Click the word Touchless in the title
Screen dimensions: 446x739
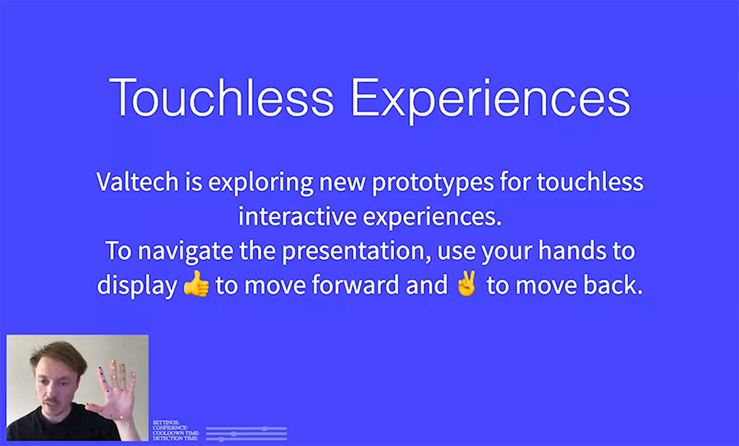(222, 98)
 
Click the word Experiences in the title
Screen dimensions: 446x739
(490, 98)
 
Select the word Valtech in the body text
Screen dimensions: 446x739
(135, 181)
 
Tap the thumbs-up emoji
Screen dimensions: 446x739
(196, 286)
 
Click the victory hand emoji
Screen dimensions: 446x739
(466, 286)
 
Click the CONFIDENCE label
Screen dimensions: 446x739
(171, 428)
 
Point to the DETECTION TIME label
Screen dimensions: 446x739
(176, 439)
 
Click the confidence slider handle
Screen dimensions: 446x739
(264, 428)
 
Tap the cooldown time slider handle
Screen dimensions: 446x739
(233, 434)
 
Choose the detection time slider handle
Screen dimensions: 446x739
(221, 439)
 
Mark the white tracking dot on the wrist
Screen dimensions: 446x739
(122, 417)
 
